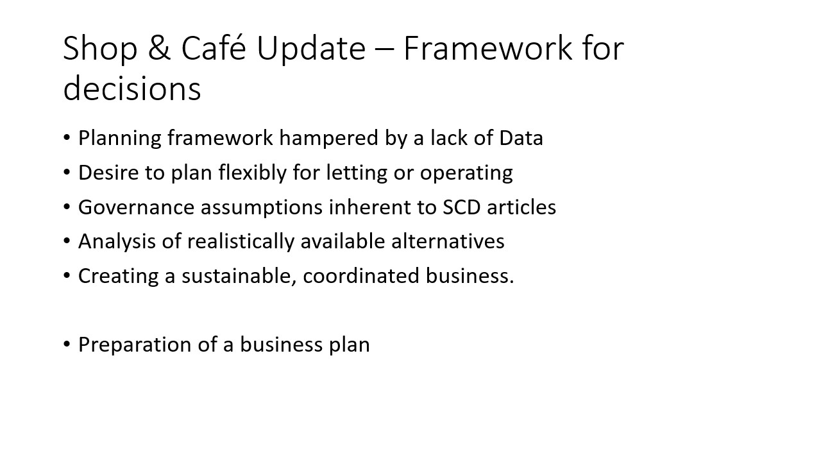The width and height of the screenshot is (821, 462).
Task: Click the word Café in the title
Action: pyautogui.click(x=214, y=47)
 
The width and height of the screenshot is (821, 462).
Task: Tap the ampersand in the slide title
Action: pyautogui.click(x=160, y=48)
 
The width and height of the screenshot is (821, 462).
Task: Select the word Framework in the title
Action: pyautogui.click(x=487, y=47)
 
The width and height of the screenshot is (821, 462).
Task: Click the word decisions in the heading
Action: pyautogui.click(x=132, y=88)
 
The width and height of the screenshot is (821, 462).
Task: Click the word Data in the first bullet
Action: pyautogui.click(x=521, y=138)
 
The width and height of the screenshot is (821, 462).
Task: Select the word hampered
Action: pyautogui.click(x=329, y=139)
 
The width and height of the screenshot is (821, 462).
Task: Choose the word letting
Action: pyautogui.click(x=357, y=173)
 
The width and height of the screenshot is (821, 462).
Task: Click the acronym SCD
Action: pyautogui.click(x=461, y=207)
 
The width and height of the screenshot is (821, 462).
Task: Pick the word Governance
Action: pyautogui.click(x=136, y=207)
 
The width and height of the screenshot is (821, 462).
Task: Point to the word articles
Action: pyautogui.click(x=521, y=207)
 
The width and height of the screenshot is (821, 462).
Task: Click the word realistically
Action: pyautogui.click(x=241, y=242)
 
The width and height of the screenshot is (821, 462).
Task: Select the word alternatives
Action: pyautogui.click(x=448, y=242)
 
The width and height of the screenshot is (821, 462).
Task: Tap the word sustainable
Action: pyautogui.click(x=239, y=276)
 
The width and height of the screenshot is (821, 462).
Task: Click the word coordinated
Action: pyautogui.click(x=361, y=276)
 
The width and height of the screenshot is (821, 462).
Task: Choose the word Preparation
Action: pyautogui.click(x=135, y=345)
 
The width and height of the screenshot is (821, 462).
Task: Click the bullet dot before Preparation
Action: pyautogui.click(x=67, y=345)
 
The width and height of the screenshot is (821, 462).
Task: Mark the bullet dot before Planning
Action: pyautogui.click(x=67, y=137)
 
